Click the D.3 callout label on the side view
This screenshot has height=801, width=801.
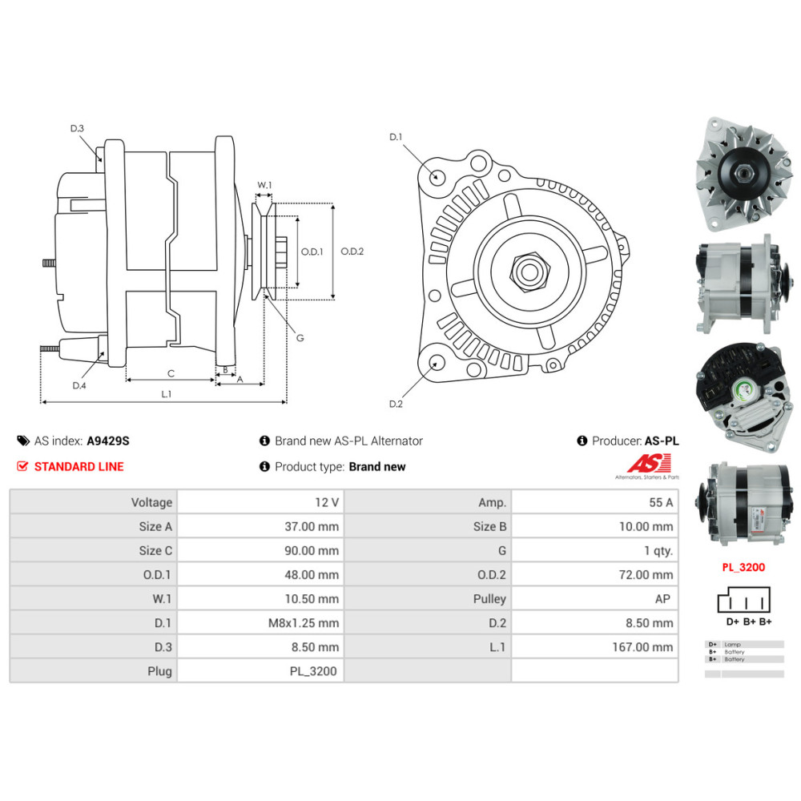click(77, 128)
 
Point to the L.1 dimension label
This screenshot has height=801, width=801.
click(166, 393)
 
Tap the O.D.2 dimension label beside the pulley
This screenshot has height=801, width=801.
click(352, 252)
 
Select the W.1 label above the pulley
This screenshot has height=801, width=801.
click(264, 185)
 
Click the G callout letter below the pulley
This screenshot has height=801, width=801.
click(300, 338)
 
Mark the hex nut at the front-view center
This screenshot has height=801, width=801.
click(528, 271)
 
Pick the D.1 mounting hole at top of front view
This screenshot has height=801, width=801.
click(437, 176)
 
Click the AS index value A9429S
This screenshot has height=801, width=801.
click(108, 441)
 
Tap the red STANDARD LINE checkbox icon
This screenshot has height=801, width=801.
click(22, 466)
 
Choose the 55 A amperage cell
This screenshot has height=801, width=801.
click(661, 502)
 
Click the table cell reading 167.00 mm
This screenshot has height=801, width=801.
click(641, 646)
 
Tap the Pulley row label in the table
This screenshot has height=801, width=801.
click(489, 598)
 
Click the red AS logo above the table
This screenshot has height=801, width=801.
click(641, 464)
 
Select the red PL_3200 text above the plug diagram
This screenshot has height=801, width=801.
click(743, 567)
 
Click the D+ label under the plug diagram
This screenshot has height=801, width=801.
click(732, 622)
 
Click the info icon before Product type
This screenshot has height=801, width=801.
click(264, 466)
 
